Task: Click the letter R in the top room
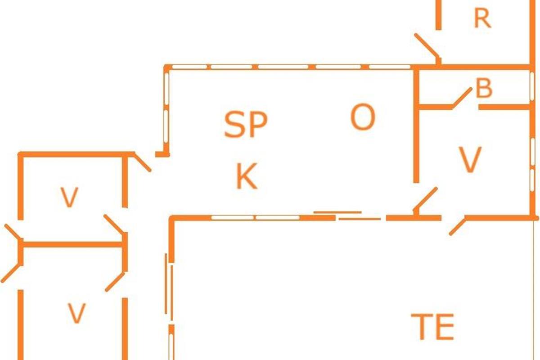pos(482,19)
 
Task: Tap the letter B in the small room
pos(484,89)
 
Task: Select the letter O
pos(362,117)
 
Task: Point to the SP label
pos(246,125)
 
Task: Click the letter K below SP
pos(247,176)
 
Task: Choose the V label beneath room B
pos(470,160)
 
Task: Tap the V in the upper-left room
pos(69,197)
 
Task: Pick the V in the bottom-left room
pos(76,313)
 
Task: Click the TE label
pos(432,327)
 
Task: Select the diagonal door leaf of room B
pos(462,98)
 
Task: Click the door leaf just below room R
pos(426,46)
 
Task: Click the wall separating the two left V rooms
pos(72,244)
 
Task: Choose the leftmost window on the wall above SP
pos(189,67)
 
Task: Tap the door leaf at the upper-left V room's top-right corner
pos(142,162)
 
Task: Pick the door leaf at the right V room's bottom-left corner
pos(426,198)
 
